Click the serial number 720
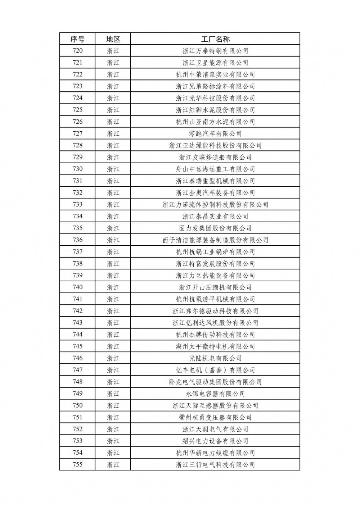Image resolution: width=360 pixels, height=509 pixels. pyautogui.click(x=77, y=51)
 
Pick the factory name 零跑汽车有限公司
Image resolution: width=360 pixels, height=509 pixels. pyautogui.click(x=215, y=133)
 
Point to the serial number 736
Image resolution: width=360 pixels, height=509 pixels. pyautogui.click(x=77, y=240)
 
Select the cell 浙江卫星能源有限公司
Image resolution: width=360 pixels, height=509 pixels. pyautogui.click(x=215, y=63)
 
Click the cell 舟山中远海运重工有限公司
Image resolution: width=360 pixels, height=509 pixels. pyautogui.click(x=215, y=169)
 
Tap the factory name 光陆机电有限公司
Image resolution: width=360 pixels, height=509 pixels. pyautogui.click(x=215, y=358)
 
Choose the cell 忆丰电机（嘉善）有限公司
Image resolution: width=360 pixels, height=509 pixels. pyautogui.click(x=215, y=370)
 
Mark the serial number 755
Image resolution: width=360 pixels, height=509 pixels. pyautogui.click(x=77, y=464)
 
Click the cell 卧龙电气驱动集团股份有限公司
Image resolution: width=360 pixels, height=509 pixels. pyautogui.click(x=215, y=382)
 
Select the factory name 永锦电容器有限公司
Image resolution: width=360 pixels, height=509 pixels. pyautogui.click(x=215, y=394)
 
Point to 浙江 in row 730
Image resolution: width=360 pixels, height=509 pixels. pyautogui.click(x=113, y=169)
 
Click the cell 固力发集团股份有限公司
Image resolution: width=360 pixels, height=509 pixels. pyautogui.click(x=215, y=228)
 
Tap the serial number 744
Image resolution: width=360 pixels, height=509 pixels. pyautogui.click(x=77, y=335)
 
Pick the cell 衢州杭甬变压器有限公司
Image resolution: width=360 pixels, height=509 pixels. pyautogui.click(x=215, y=417)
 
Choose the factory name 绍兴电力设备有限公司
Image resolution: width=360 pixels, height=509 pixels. pyautogui.click(x=215, y=441)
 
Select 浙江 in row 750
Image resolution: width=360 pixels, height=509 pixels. pyautogui.click(x=113, y=405)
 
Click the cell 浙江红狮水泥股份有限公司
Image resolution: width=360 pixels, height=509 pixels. pyautogui.click(x=215, y=110)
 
